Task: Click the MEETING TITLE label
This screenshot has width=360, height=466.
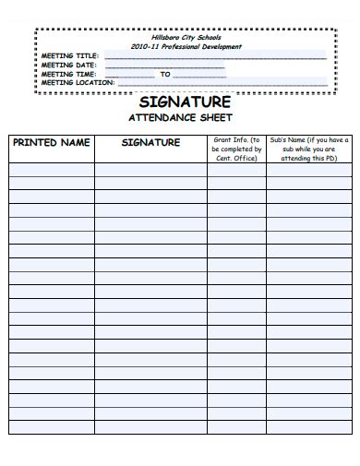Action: point(70,55)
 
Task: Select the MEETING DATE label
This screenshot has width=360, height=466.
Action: point(69,65)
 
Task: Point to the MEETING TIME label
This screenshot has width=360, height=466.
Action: point(69,74)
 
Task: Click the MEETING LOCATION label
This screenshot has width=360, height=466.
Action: point(78,82)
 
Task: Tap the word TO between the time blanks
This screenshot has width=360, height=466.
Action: point(166,74)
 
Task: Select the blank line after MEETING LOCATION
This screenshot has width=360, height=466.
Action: point(222,84)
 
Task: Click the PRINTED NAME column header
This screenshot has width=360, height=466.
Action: point(51,143)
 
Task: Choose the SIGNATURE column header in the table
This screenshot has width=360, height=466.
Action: point(150,143)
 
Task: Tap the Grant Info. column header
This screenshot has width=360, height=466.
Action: point(236,148)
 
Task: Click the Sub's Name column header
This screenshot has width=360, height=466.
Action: point(308,148)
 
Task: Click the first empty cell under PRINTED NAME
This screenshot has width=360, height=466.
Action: point(51,170)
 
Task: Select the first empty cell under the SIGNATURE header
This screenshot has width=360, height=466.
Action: point(150,170)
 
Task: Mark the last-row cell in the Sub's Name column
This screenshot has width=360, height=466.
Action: point(308,427)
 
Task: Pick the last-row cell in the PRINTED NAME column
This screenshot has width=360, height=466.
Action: point(51,427)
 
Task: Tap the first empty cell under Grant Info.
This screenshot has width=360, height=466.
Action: point(236,170)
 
